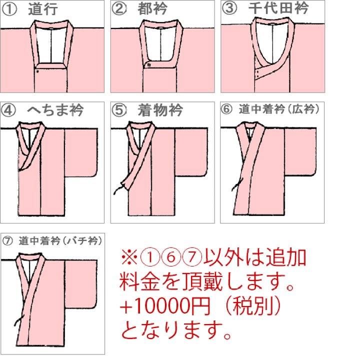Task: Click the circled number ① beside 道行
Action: (x=9, y=9)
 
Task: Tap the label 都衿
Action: (x=152, y=8)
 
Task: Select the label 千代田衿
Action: (x=278, y=8)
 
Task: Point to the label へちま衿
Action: (x=55, y=110)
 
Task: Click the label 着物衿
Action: (x=160, y=110)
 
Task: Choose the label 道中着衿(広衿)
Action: (x=279, y=109)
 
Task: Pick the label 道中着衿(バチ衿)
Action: (x=60, y=241)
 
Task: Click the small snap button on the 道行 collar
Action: (x=37, y=71)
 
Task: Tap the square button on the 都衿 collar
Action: (x=149, y=65)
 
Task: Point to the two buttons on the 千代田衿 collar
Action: (x=258, y=74)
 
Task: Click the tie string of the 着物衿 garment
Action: (x=119, y=188)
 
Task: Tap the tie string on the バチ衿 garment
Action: (x=19, y=320)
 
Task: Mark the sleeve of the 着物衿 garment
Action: (x=191, y=152)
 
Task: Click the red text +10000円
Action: (x=165, y=306)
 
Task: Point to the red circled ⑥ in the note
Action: (x=171, y=257)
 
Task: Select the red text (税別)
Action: (x=253, y=306)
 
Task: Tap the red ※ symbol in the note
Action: (x=129, y=257)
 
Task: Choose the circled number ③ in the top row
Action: (x=229, y=8)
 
